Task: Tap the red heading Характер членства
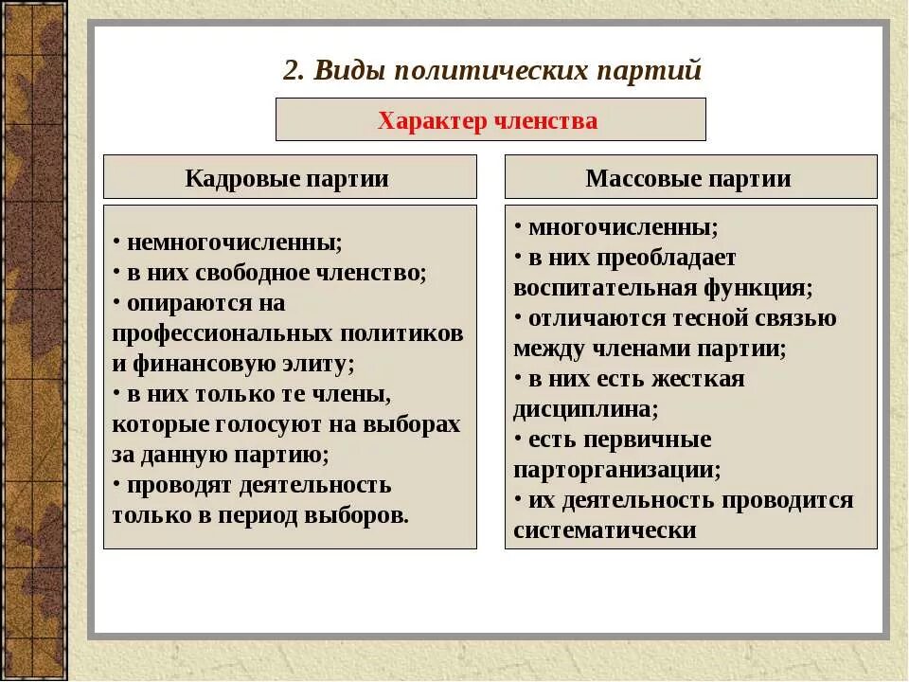click(488, 120)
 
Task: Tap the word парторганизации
click(615, 470)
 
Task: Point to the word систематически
click(604, 530)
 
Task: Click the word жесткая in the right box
click(697, 379)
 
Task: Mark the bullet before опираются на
click(116, 303)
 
